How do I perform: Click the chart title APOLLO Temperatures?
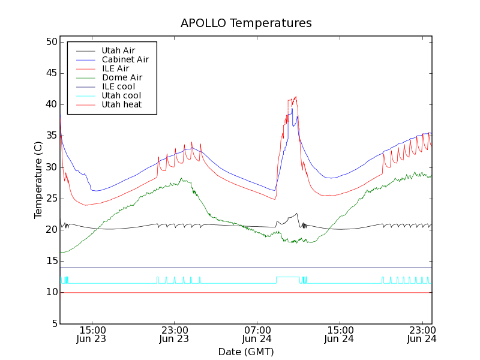tap(246, 23)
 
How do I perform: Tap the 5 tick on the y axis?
tap(53, 324)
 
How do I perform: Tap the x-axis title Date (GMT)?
tap(246, 352)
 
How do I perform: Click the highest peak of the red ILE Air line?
tap(295, 97)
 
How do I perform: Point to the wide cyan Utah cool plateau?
tap(287, 277)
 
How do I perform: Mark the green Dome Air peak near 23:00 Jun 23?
tap(181, 178)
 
